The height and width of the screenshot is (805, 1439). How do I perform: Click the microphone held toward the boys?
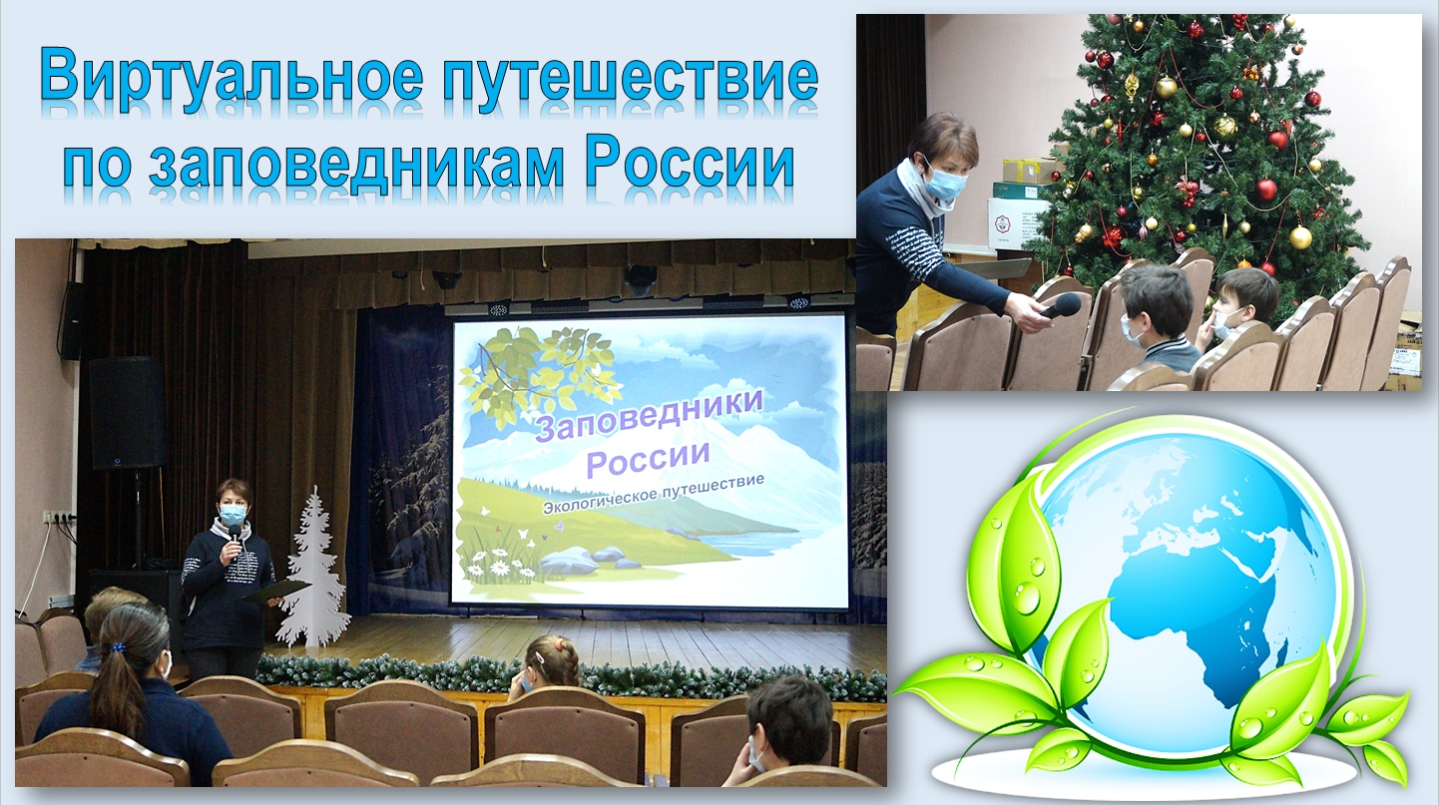1061,305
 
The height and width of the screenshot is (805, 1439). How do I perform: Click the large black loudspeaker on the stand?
127,413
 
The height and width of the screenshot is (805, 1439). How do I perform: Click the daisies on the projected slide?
503,564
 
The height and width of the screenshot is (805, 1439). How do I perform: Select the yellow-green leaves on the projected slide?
543,372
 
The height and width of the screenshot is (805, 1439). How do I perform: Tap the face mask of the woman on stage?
234,514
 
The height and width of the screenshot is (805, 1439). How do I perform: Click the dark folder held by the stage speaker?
273,590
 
